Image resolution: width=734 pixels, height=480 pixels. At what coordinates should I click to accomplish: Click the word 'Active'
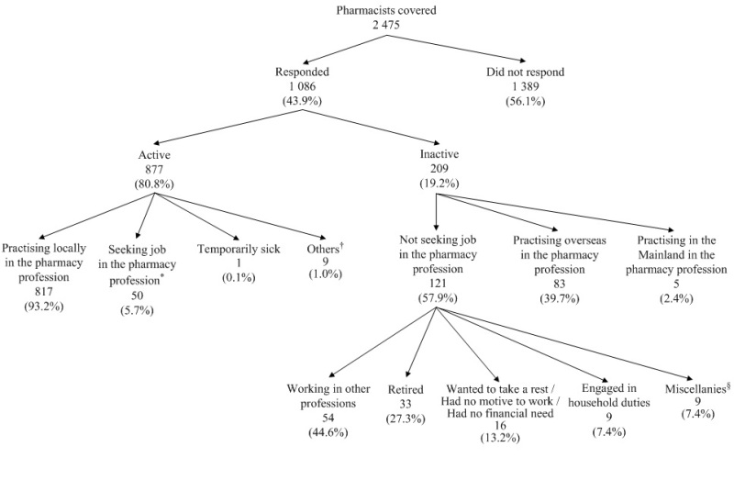click(154, 155)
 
